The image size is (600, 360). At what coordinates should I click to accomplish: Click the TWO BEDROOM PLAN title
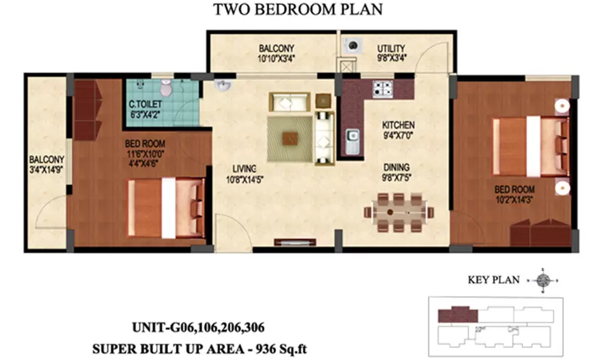[x=298, y=10]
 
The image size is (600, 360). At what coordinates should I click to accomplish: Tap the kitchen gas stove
[x=383, y=89]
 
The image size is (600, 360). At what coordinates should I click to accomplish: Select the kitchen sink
[x=353, y=142]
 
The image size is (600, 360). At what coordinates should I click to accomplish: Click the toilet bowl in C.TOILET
[x=166, y=88]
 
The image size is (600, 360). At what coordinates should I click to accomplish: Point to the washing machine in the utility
[x=353, y=45]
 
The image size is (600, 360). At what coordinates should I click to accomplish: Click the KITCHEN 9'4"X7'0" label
[x=398, y=130]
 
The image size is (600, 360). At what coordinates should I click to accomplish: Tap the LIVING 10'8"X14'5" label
[x=245, y=174]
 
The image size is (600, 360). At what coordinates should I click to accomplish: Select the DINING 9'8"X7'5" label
[x=397, y=172]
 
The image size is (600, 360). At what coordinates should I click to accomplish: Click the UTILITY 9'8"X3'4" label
[x=391, y=53]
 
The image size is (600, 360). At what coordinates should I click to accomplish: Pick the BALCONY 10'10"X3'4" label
[x=276, y=53]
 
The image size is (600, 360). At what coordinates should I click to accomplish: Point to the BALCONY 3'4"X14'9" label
[x=46, y=164]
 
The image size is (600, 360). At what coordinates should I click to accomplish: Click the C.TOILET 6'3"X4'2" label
[x=145, y=109]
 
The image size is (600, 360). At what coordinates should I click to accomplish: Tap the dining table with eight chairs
[x=398, y=212]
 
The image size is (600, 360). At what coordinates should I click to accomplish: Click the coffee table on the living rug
[x=290, y=138]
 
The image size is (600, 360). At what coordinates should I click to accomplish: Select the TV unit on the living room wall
[x=295, y=242]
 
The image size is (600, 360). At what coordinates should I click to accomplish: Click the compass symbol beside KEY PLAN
[x=542, y=280]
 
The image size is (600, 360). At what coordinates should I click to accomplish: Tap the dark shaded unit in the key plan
[x=458, y=314]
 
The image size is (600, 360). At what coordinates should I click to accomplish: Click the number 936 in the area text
[x=266, y=349]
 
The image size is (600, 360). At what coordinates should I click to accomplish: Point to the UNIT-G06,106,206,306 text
[x=198, y=328]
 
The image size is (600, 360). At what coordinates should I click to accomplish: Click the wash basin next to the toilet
[x=223, y=85]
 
